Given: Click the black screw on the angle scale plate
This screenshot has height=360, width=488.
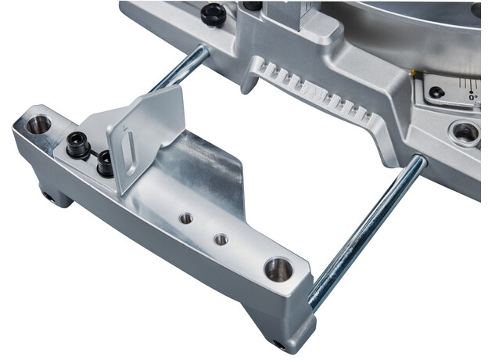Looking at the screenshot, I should pos(437,92).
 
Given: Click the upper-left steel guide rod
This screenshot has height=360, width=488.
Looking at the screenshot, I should pos(179,70).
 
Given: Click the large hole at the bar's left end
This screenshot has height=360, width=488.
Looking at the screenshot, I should pos(38,124).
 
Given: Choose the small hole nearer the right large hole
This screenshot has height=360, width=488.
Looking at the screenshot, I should pos(221,239).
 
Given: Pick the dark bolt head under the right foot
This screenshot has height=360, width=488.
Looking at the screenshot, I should pos(278,344).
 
